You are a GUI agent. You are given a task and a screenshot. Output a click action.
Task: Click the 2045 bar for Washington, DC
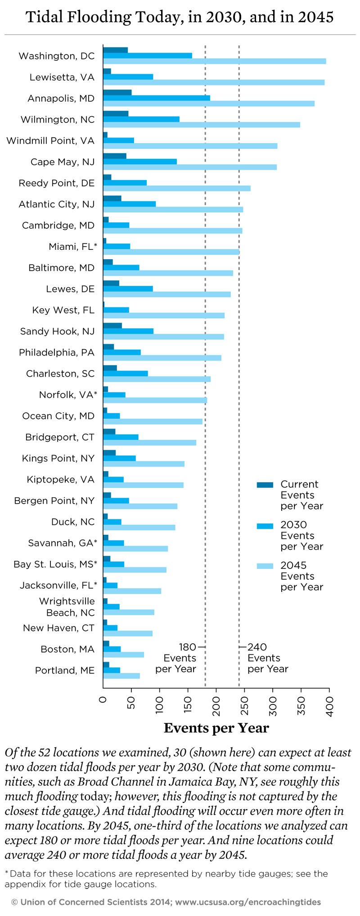coord(215,61)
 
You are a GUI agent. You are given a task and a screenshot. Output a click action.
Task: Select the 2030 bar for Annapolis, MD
coord(157,98)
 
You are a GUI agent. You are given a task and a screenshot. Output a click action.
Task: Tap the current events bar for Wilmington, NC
coord(116,113)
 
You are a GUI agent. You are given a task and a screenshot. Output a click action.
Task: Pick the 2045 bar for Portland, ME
coord(121,676)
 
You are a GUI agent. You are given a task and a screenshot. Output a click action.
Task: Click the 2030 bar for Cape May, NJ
coord(140,162)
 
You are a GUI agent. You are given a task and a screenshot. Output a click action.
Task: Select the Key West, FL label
coord(63,310)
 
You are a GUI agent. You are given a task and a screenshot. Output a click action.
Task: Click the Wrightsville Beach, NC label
coord(67,607)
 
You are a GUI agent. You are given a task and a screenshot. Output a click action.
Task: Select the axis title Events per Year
coord(216,728)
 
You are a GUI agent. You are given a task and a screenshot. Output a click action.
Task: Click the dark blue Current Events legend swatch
coord(265,485)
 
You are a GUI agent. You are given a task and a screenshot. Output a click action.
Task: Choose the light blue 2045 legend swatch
coord(265,566)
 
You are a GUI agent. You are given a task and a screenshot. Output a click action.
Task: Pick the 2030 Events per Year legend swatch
coord(265,525)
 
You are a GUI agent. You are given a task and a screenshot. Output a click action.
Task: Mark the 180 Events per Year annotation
coord(176,658)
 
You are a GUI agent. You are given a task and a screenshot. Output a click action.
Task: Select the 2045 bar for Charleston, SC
coord(157,379)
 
